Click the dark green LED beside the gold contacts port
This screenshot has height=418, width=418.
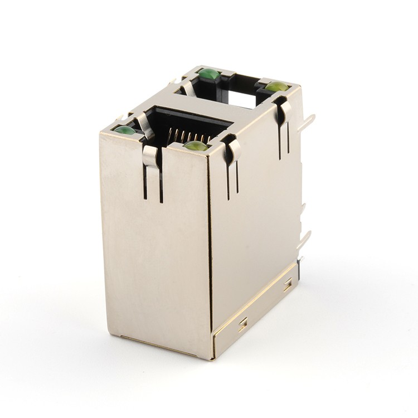[x=125, y=130]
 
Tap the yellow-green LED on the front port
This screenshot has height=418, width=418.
[x=196, y=146]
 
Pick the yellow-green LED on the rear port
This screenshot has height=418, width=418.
[x=276, y=87]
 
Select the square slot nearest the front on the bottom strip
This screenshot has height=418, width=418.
[x=243, y=324]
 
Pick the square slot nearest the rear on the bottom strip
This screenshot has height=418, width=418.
[x=288, y=286]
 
